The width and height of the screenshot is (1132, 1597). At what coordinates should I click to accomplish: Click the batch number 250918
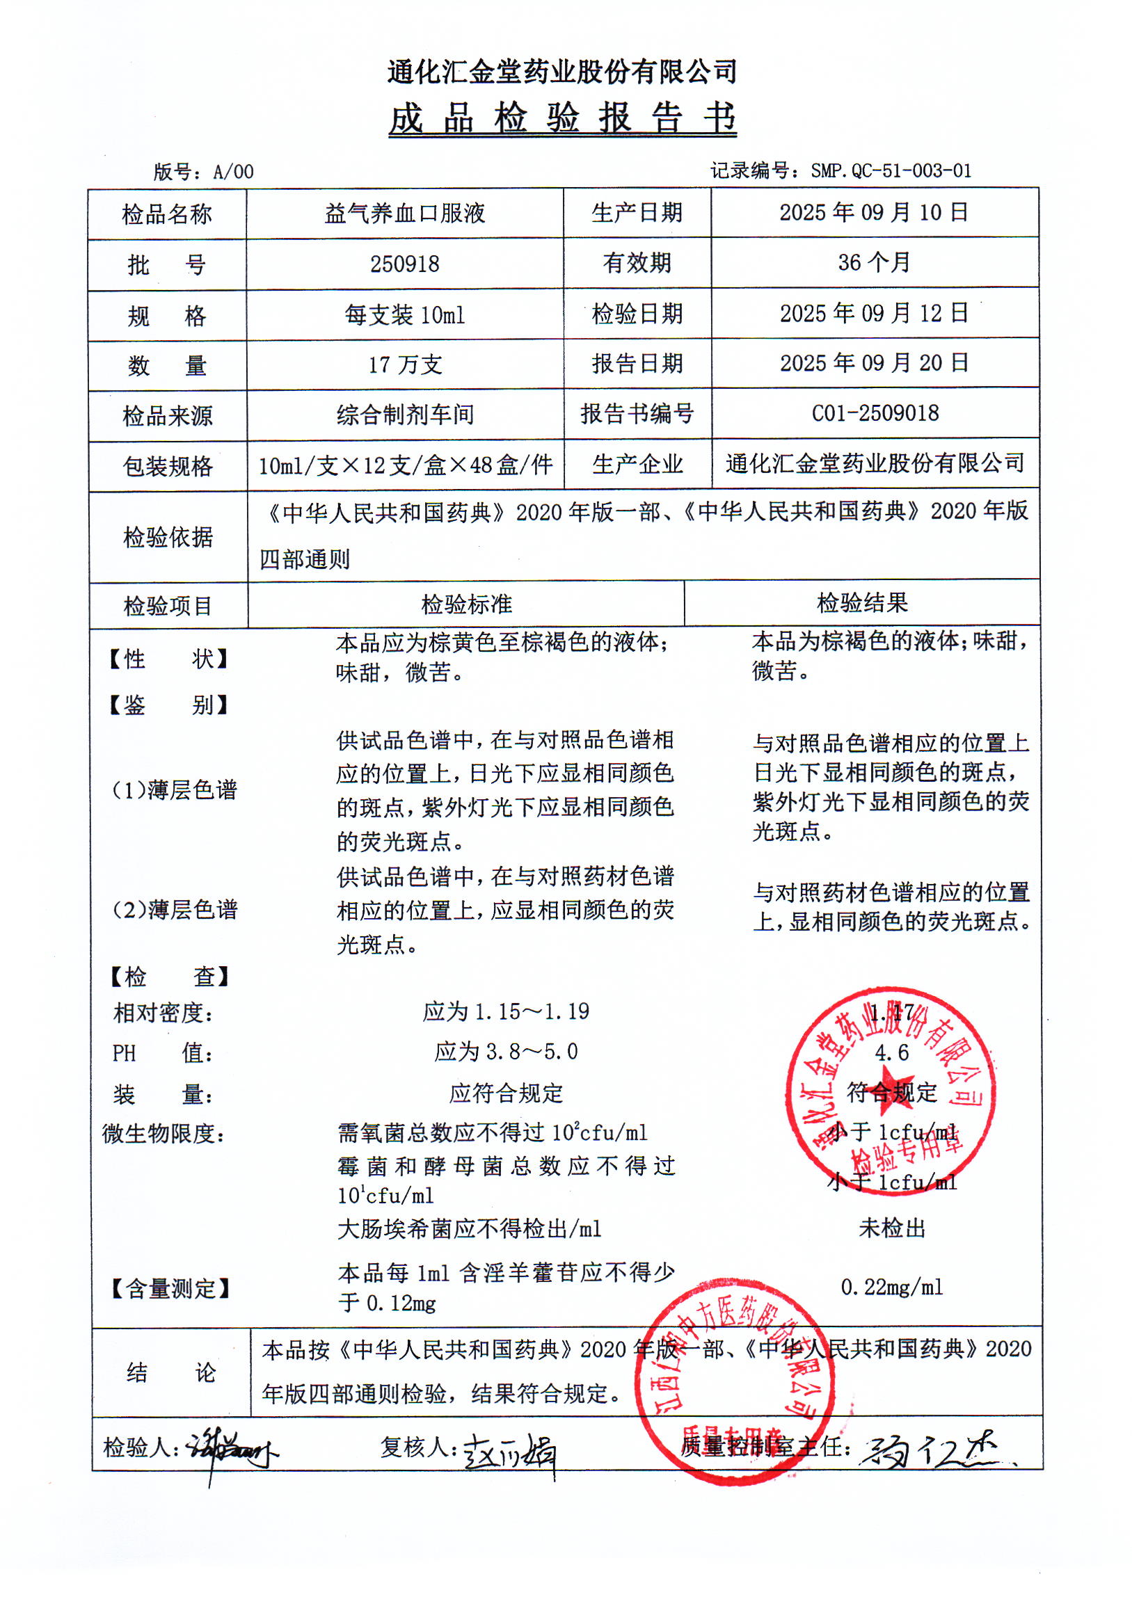[404, 264]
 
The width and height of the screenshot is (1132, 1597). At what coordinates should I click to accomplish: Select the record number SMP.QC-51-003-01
[890, 170]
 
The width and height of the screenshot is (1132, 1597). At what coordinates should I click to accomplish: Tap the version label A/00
[233, 172]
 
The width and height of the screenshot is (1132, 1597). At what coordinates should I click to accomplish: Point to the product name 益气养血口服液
[404, 214]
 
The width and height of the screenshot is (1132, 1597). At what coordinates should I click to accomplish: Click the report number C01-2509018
[875, 413]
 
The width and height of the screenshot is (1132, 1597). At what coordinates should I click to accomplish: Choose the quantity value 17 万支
[405, 364]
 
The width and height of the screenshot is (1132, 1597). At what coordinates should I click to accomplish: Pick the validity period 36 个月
[874, 263]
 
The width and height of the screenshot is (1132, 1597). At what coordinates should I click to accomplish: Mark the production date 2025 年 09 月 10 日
[874, 213]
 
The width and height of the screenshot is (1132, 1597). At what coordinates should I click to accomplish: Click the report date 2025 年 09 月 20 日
[874, 363]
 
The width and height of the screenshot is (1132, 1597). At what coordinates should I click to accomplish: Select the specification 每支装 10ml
[404, 315]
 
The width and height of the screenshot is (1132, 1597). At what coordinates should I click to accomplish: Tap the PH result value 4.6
[891, 1052]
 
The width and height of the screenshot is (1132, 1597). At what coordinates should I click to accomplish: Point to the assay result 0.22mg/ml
[891, 1287]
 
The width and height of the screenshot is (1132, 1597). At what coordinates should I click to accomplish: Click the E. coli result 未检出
[891, 1228]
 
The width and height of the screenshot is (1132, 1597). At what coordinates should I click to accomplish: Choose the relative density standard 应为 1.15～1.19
[505, 1012]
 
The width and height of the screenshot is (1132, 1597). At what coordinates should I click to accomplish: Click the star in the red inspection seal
[891, 1091]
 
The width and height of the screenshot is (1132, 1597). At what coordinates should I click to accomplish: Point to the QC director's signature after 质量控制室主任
[934, 1451]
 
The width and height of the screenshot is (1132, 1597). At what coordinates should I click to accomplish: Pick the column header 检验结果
[861, 604]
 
